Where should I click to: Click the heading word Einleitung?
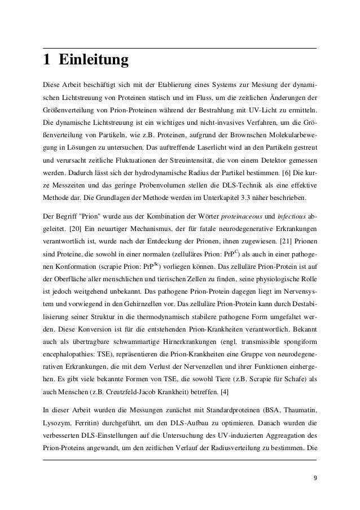coord(94,60)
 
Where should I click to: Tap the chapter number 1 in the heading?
coord(48,60)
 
